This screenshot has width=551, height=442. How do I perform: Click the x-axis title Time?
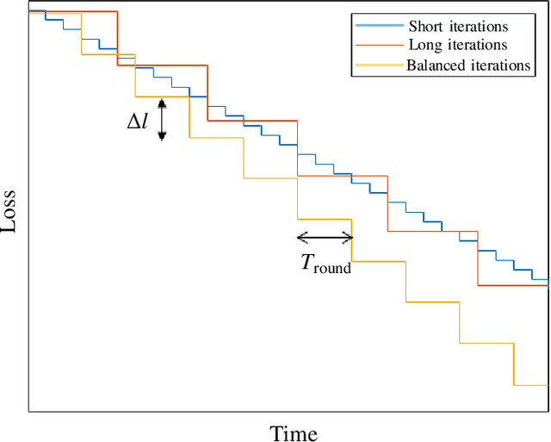(x=294, y=433)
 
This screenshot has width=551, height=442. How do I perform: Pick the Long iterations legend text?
(x=457, y=45)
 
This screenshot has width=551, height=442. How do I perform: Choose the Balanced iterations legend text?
(x=467, y=65)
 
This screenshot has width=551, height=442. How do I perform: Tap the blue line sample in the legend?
(x=377, y=27)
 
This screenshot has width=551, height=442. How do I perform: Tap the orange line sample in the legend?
(x=377, y=46)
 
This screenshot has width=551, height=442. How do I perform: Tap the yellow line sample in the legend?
(x=377, y=65)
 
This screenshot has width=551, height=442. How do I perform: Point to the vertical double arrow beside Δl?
(x=161, y=118)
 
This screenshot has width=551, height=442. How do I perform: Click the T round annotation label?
(x=325, y=264)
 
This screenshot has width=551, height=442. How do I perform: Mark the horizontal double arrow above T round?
(x=325, y=238)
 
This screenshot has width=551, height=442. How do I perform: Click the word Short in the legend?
(x=425, y=27)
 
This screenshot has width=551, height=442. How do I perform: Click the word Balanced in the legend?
(x=437, y=65)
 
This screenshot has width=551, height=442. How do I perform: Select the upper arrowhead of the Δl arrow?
(x=161, y=101)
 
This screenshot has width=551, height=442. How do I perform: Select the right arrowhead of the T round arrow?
(x=348, y=238)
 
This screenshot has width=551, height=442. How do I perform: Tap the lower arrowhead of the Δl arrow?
(x=161, y=135)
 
